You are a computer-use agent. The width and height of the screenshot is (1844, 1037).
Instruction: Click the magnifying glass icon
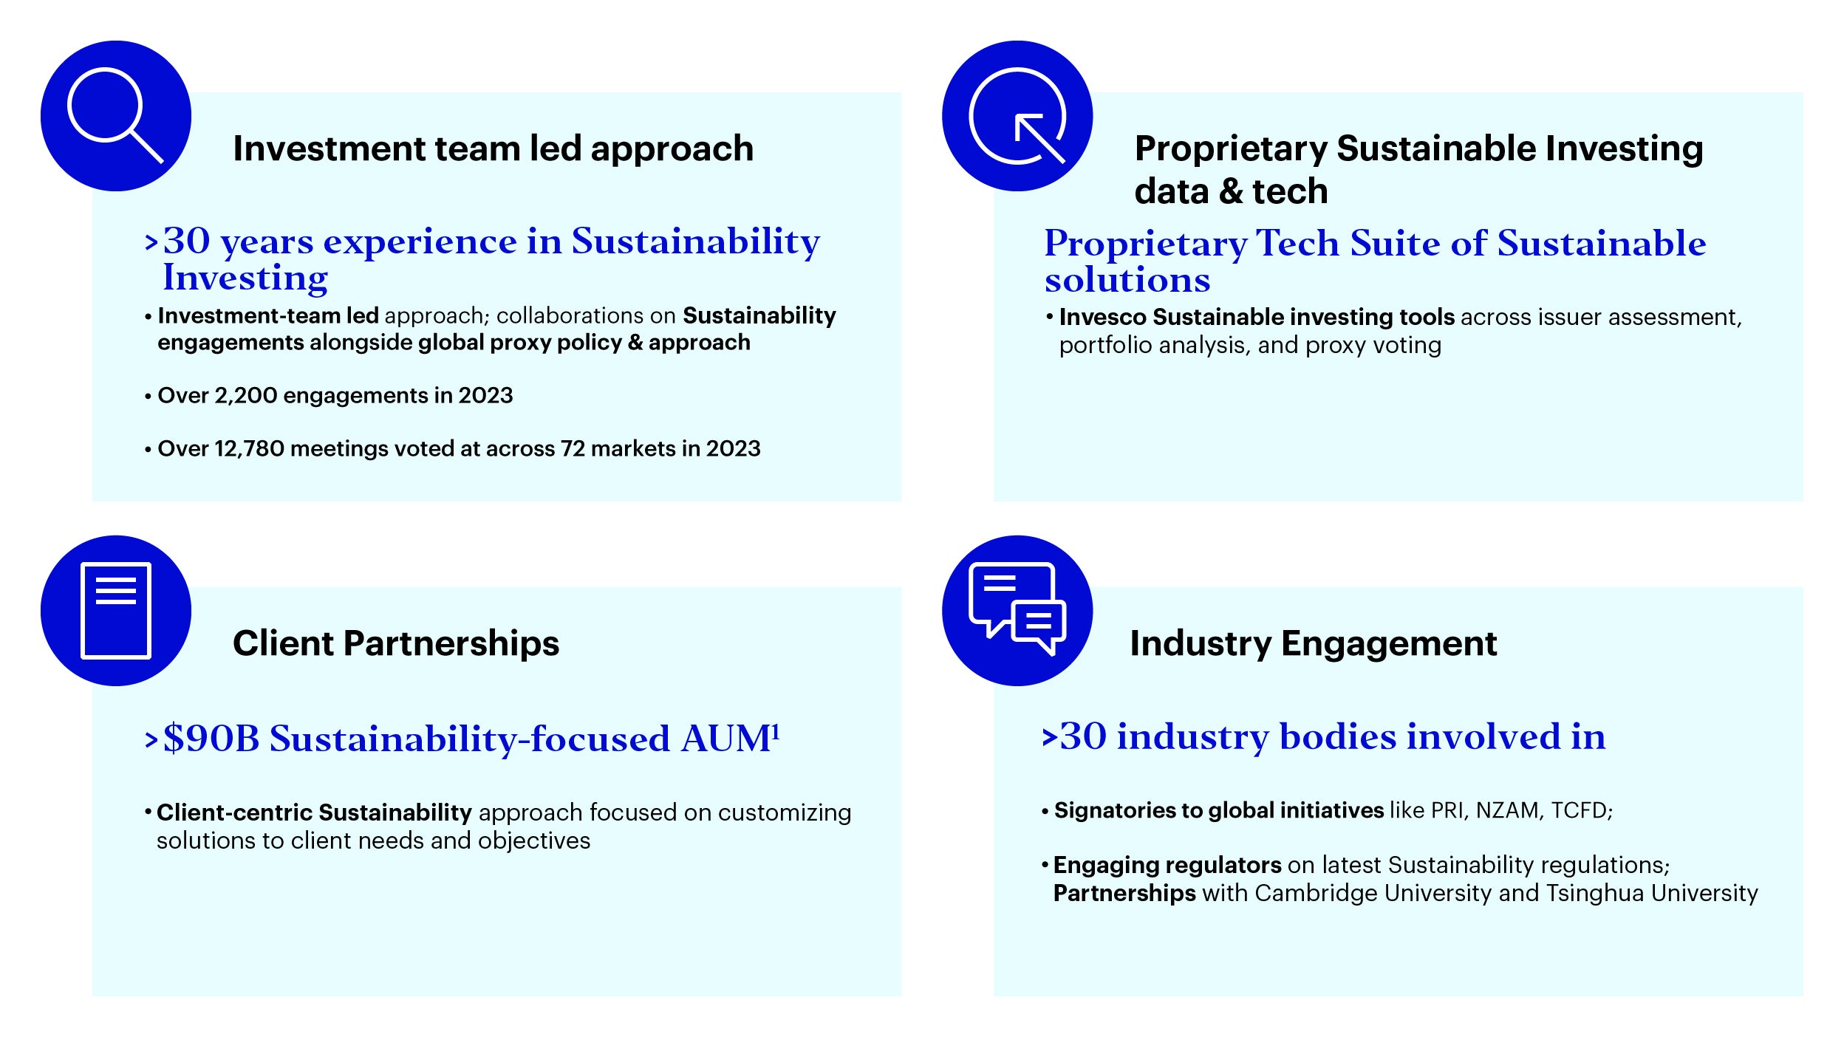tap(115, 115)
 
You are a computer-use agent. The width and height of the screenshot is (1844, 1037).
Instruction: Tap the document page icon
tap(116, 610)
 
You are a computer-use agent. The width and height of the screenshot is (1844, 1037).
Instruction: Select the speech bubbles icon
tap(1017, 609)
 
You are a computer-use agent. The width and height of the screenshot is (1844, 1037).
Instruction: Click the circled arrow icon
tap(1017, 116)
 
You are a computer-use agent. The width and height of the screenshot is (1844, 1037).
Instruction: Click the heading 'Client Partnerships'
tap(396, 643)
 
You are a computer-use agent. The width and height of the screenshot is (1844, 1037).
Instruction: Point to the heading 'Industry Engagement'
tap(1313, 643)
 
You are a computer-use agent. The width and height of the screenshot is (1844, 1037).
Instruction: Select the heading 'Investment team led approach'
tap(493, 149)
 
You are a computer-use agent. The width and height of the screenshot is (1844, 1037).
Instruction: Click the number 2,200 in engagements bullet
tap(245, 396)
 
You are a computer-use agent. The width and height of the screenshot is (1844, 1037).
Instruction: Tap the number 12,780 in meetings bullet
tap(249, 449)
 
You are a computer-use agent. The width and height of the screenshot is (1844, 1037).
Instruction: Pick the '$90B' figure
tap(211, 739)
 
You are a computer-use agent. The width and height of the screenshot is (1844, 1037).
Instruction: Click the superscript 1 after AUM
tap(776, 730)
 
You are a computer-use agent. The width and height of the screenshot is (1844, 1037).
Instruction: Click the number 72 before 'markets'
tap(573, 449)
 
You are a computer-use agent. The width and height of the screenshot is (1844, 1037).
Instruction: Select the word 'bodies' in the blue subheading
tap(1338, 737)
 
